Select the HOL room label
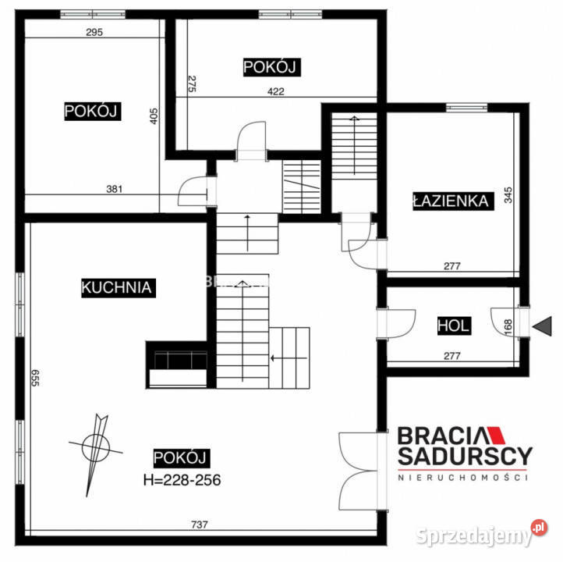pyautogui.click(x=454, y=325)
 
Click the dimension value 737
pyautogui.click(x=200, y=525)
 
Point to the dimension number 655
pyautogui.click(x=35, y=378)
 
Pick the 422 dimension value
pyautogui.click(x=275, y=91)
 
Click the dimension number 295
pyautogui.click(x=94, y=32)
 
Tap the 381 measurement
pyautogui.click(x=114, y=189)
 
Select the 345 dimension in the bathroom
pyautogui.click(x=508, y=195)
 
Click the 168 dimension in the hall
pyautogui.click(x=508, y=327)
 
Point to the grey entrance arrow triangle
pyautogui.click(x=543, y=326)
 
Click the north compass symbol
pyautogui.click(x=95, y=449)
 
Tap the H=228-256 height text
pyautogui.click(x=182, y=480)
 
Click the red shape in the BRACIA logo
pyautogui.click(x=495, y=435)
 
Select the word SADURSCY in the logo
pyautogui.click(x=465, y=457)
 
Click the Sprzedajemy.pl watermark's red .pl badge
pyautogui.click(x=539, y=528)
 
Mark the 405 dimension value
pyautogui.click(x=154, y=116)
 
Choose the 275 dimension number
pyautogui.click(x=192, y=84)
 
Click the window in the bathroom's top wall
pyautogui.click(x=466, y=107)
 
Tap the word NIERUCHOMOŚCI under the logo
pyautogui.click(x=463, y=478)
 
